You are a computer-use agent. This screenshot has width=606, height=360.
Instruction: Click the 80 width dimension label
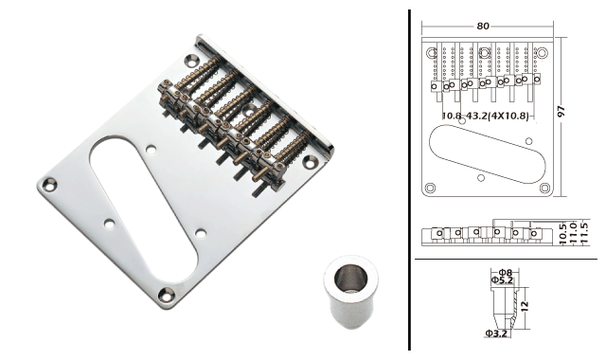(x=483, y=26)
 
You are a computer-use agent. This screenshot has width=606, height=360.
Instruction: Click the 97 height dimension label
(x=561, y=112)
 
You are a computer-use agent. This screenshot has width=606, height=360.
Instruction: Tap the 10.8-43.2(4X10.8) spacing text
(x=485, y=116)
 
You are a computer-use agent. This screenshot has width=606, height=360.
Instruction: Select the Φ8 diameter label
(x=506, y=273)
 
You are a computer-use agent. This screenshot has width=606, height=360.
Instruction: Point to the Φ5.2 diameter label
(x=502, y=280)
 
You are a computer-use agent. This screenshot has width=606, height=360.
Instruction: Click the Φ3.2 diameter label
(x=496, y=333)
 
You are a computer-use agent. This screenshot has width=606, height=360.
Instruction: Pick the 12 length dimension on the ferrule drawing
(x=524, y=306)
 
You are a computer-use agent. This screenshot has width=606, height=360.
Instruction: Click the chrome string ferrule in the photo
(x=351, y=292)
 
